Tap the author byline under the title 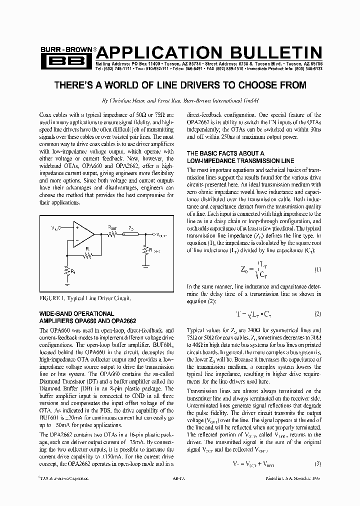pos(179,100)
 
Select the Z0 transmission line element pos(131,234)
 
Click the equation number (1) pos(317,269)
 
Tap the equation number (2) pos(317,314)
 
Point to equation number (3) pos(317,463)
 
